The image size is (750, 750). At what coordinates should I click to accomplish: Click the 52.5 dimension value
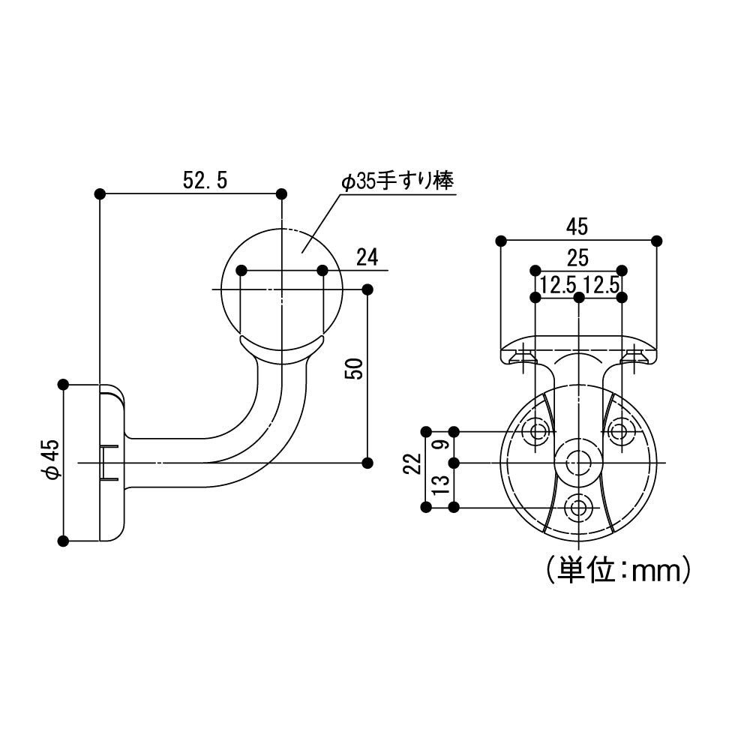204,180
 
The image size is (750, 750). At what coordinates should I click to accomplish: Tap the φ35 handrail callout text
397,181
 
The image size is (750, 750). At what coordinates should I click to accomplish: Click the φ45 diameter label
49,460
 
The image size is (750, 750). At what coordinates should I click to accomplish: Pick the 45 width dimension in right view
577,226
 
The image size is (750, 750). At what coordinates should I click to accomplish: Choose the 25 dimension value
577,259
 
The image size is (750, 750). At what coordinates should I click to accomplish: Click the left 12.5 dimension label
557,284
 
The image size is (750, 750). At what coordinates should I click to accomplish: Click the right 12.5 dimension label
601,284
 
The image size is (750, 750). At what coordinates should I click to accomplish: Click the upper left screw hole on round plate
537,431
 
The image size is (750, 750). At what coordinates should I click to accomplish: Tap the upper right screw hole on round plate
619,431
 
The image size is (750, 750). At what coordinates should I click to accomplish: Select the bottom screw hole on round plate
577,508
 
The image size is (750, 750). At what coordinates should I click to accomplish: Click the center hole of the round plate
577,463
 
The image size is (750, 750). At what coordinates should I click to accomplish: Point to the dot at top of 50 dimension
367,289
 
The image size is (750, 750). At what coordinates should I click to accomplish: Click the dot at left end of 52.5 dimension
100,194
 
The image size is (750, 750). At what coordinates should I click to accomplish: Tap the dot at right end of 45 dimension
657,241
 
